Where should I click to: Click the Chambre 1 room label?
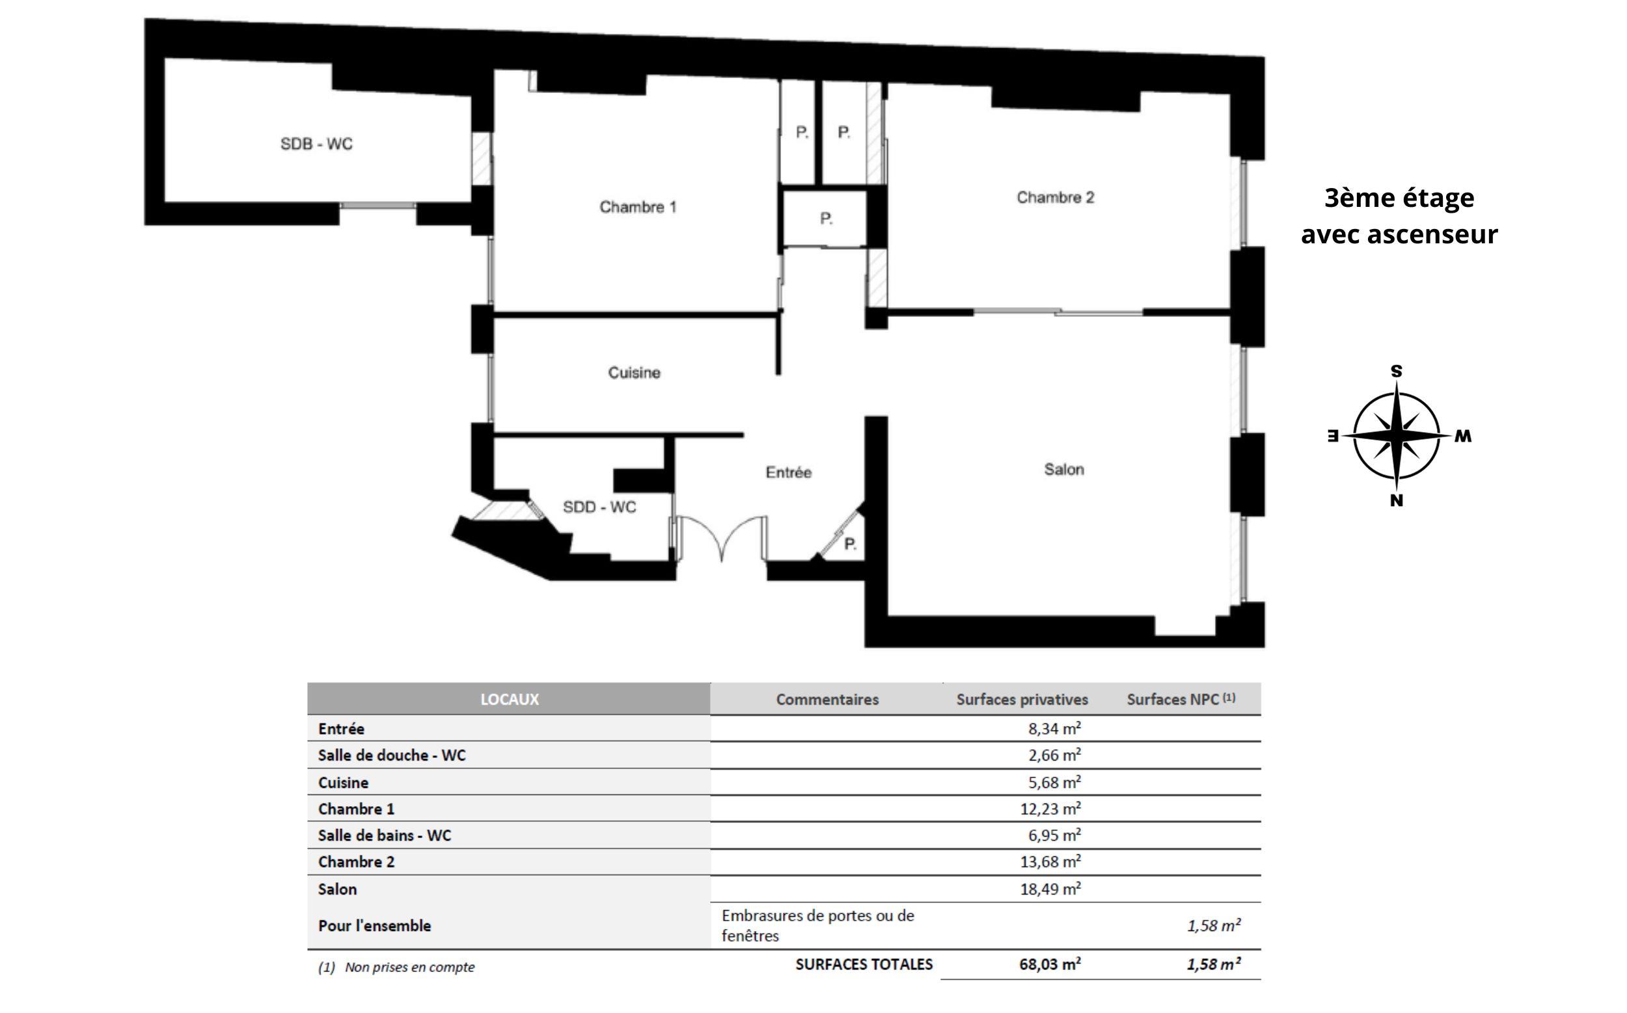click(x=638, y=207)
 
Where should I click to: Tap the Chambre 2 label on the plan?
click(x=1056, y=198)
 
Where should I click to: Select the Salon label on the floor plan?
click(x=1064, y=470)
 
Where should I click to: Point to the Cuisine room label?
click(x=634, y=373)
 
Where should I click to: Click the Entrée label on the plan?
click(x=789, y=472)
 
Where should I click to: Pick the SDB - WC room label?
click(x=316, y=144)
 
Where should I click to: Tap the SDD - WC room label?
click(x=599, y=507)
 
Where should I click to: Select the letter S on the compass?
click(x=1397, y=371)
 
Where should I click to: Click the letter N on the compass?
click(x=1397, y=500)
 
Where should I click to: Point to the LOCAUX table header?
click(x=510, y=699)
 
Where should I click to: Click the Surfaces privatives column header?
click(x=1022, y=699)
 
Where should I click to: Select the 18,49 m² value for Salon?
click(x=1050, y=889)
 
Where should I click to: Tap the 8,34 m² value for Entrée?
click(x=1055, y=728)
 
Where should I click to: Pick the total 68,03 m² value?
click(x=1050, y=964)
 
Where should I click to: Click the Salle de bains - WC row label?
click(x=385, y=835)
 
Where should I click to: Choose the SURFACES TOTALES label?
click(x=864, y=964)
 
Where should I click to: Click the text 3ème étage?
click(x=1399, y=198)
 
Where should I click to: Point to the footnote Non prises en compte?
click(x=409, y=967)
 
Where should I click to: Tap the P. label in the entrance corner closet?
click(x=851, y=544)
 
